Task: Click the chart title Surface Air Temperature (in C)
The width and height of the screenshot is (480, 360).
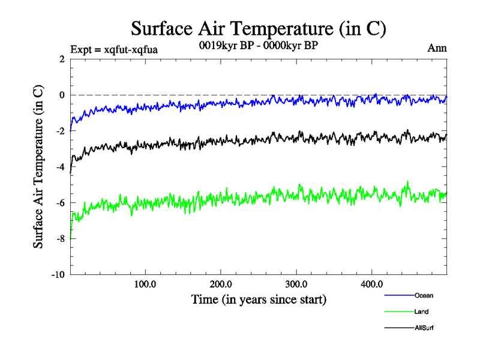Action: click(258, 28)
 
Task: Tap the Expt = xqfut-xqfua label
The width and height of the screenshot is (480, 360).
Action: click(114, 49)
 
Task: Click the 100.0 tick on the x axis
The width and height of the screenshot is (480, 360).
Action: click(146, 284)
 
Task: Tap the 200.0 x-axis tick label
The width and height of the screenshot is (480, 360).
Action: click(221, 284)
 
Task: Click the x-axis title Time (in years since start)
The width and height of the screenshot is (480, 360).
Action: click(259, 299)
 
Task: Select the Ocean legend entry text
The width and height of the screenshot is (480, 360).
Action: click(423, 295)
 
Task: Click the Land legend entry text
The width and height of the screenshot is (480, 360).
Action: click(421, 311)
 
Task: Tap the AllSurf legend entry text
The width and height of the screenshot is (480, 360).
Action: click(424, 328)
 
